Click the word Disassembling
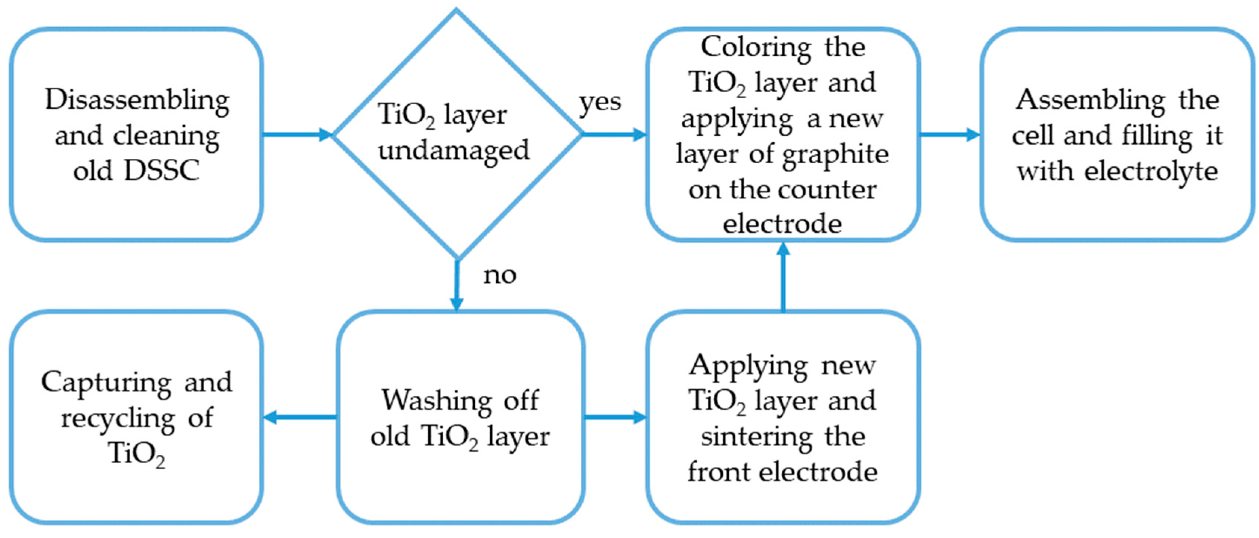coord(137,100)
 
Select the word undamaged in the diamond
coord(453,150)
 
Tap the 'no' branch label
coord(499,275)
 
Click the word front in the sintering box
coord(718,472)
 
